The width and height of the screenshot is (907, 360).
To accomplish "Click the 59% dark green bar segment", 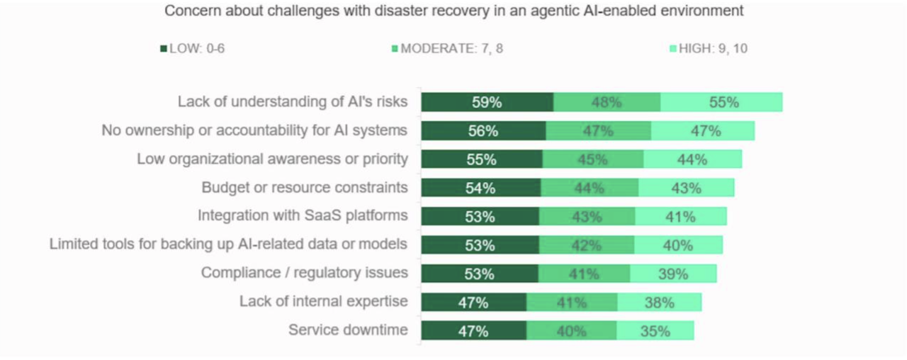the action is coord(487,102).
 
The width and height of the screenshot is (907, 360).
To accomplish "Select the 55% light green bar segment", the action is coord(721,102).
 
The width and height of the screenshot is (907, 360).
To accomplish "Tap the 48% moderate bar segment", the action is coord(607,102).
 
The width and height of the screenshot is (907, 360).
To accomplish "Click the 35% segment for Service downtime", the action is coord(655,331).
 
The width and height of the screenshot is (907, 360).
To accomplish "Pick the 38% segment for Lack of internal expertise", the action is coord(660,302).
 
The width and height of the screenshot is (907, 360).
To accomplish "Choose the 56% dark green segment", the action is coord(483,131).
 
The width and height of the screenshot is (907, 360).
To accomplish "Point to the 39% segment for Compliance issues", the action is coord(673,274).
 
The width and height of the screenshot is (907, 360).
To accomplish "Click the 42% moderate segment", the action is coord(587,245).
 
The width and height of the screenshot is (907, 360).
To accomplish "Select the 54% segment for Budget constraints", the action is coord(481,188).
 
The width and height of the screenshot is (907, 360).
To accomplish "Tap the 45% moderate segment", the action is coord(593,159).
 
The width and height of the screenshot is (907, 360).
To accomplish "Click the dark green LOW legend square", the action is coord(164,49).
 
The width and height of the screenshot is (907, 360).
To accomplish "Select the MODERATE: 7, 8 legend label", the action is coord(452,49).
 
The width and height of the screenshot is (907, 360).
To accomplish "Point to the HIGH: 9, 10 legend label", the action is coord(713,49).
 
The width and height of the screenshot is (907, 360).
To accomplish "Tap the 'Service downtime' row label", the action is coord(348,330).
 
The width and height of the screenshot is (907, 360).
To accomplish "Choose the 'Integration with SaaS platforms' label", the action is coord(303,215).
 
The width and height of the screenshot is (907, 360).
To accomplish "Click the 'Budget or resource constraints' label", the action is coord(305,188).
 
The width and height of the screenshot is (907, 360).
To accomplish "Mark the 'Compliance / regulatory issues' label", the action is coord(305,273).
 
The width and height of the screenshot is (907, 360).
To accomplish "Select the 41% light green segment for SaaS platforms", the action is coord(681,216).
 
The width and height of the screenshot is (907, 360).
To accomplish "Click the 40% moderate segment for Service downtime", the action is coord(572,331).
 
